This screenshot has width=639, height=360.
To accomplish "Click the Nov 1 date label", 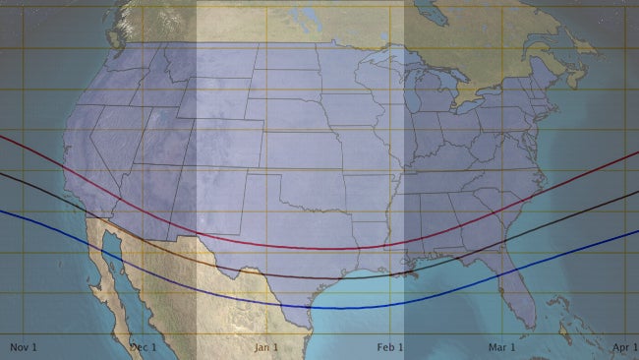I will tap(23, 346).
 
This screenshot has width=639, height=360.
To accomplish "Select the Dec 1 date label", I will tap(144, 346).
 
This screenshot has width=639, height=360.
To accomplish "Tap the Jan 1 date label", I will tap(266, 346).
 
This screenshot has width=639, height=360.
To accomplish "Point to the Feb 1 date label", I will tap(389, 346).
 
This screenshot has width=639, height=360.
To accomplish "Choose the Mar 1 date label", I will tap(502, 346).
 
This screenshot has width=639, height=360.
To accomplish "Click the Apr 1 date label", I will tap(624, 346).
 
